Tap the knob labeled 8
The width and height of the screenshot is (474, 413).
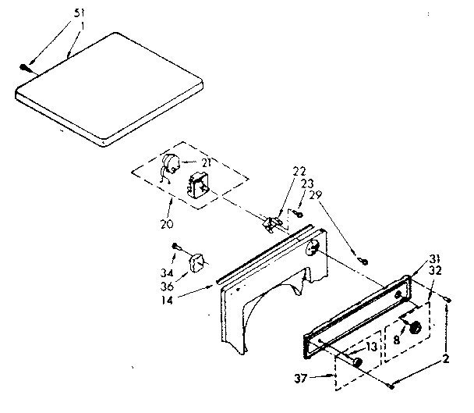(x=415, y=328)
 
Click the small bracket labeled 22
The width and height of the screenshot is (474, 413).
(x=273, y=223)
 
